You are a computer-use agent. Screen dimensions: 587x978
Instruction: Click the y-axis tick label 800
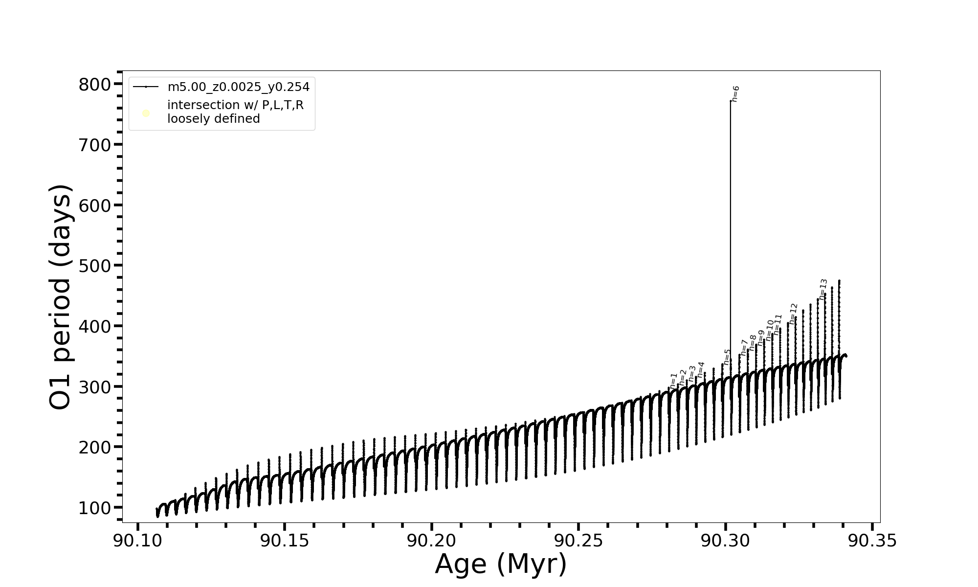pos(95,85)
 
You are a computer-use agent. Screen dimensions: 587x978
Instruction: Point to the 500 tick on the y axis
pos(95,266)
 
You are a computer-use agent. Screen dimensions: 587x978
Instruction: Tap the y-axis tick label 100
pos(95,508)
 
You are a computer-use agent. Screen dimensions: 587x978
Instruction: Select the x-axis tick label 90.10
pos(137,541)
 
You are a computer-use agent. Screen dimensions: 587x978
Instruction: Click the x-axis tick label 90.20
pos(431,541)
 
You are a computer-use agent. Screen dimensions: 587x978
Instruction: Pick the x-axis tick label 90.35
pos(872,541)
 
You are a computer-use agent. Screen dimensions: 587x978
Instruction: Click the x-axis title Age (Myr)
pos(501,564)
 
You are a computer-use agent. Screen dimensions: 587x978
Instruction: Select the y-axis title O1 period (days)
pos(61,297)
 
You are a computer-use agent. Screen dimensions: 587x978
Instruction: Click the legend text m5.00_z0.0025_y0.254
pos(239,87)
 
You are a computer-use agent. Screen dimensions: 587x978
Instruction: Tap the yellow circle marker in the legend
pos(146,113)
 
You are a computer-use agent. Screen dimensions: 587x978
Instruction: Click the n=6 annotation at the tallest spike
pos(736,93)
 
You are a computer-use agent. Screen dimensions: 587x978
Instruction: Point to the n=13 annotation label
pos(823,289)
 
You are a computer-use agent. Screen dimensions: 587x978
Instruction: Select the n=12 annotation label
pos(794,314)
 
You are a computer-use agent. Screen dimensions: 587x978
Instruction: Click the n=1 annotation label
pos(674,381)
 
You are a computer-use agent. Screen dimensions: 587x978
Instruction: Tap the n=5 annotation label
pos(727,357)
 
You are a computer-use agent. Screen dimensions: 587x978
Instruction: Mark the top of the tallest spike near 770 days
pos(731,101)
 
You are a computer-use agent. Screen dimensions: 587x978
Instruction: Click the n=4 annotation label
pos(701,369)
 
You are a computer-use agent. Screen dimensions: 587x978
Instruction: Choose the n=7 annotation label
pos(744,347)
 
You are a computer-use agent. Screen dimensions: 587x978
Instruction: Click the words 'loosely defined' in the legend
pos(214,119)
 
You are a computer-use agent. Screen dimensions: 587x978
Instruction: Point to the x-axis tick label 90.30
pos(725,541)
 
